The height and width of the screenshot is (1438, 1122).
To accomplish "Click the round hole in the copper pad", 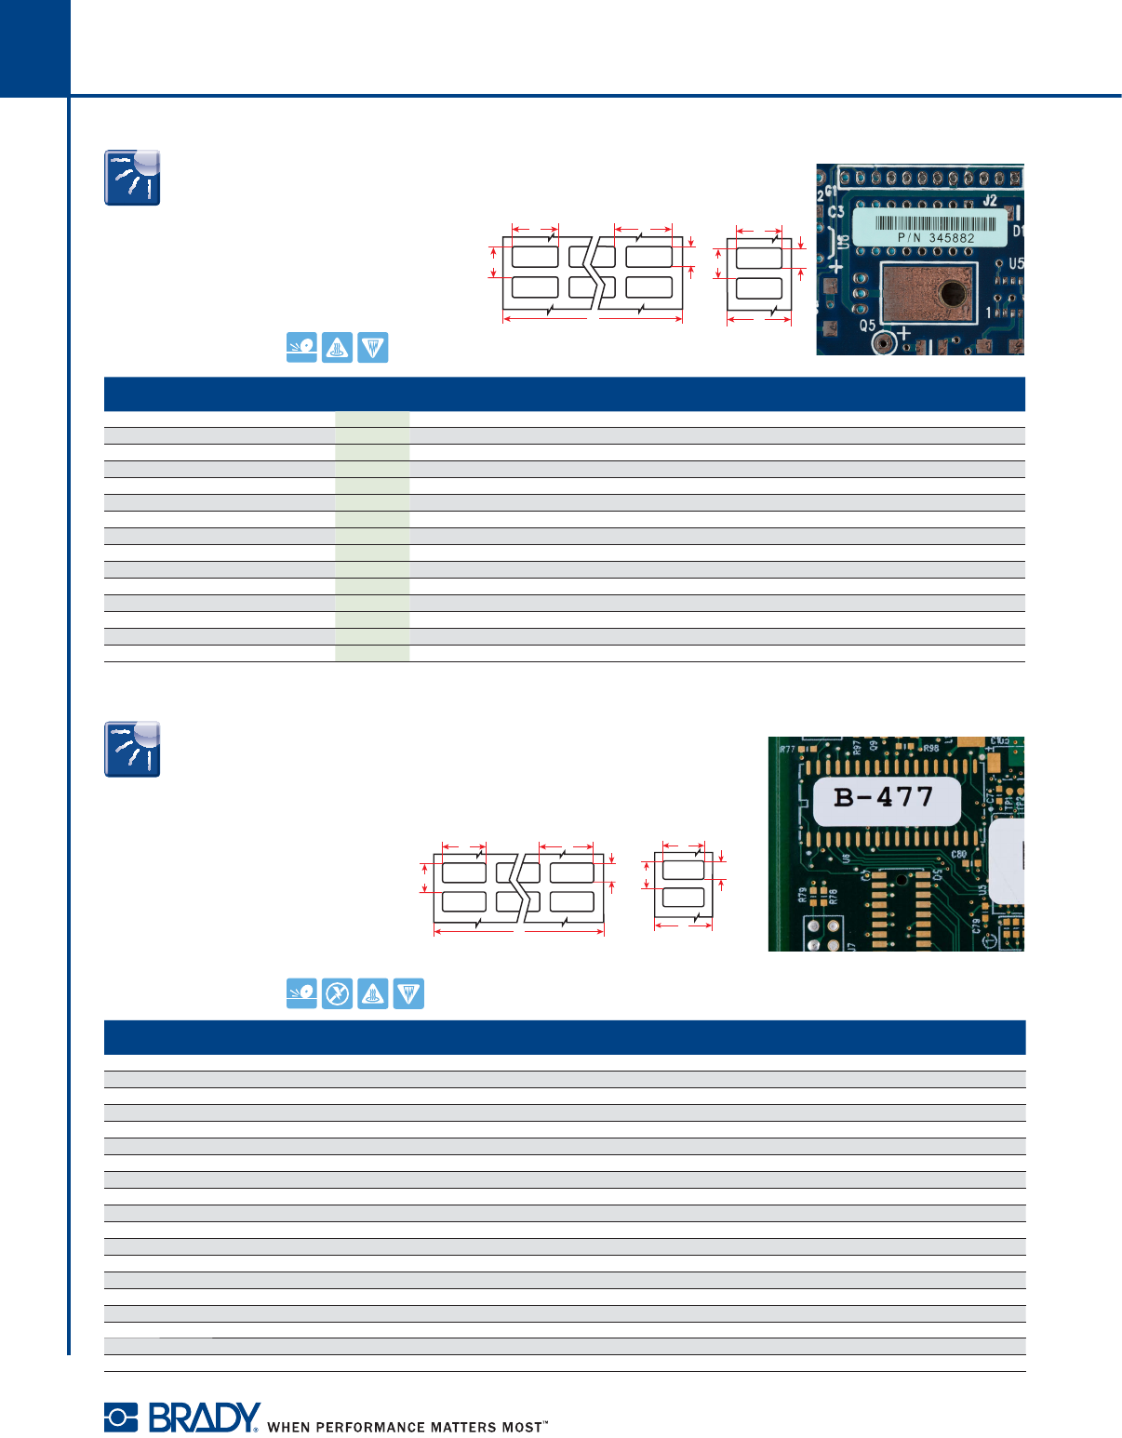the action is pos(954,293).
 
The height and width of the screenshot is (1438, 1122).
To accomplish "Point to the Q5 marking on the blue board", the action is pos(867,326).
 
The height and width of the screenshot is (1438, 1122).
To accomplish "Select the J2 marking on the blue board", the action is pos(989,200).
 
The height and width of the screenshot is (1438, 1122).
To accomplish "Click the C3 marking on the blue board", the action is pos(836,212).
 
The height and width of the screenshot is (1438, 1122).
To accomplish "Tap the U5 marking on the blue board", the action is pos(1015,264).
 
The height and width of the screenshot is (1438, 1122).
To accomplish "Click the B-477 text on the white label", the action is pos(884,797).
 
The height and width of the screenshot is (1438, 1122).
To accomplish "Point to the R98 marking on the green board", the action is pos(930,748).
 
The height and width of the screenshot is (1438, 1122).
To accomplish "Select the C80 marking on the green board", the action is pos(958,854).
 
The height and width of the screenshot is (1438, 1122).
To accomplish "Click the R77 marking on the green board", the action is pos(787,749).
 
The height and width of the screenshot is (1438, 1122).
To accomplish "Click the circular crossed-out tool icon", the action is pos(338,994).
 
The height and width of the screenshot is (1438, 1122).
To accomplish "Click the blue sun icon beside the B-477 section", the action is pos(132,749).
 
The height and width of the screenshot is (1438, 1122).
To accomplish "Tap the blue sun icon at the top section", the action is pos(132,178).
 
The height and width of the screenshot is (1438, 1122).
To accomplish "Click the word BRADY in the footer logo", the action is pos(204,1418).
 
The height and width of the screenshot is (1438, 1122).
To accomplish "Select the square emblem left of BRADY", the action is pos(120,1418).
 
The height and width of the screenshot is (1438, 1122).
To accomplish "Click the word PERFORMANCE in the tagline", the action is pos(370,1427).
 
